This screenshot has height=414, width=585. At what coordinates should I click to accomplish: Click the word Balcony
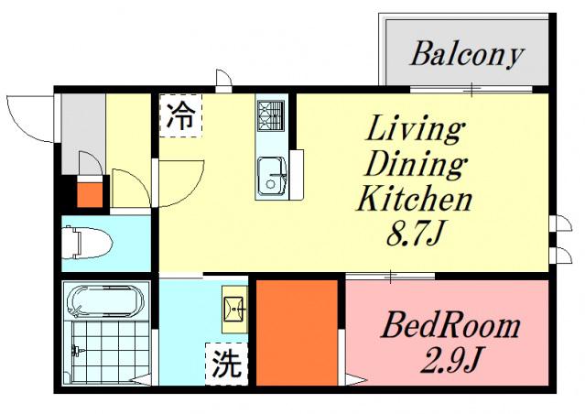pyautogui.click(x=466, y=56)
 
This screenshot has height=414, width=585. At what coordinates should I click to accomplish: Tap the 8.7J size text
pyautogui.click(x=416, y=234)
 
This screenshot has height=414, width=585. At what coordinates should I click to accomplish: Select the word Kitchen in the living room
pyautogui.click(x=415, y=199)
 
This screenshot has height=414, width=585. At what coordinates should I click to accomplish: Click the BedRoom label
pyautogui.click(x=450, y=325)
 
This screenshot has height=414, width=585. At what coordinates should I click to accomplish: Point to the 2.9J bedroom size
pyautogui.click(x=450, y=359)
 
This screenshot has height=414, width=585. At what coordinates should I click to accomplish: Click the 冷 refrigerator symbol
pyautogui.click(x=180, y=115)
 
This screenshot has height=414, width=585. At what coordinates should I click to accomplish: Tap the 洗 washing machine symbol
pyautogui.click(x=227, y=364)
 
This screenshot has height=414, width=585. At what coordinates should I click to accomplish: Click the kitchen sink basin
pyautogui.click(x=272, y=177)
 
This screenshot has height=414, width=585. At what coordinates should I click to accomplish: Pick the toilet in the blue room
pyautogui.click(x=88, y=243)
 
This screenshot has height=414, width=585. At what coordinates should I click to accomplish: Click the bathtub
pyautogui.click(x=105, y=301)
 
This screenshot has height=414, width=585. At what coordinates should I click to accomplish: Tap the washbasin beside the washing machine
pyautogui.click(x=234, y=310)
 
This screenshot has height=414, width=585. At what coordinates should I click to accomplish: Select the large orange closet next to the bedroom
pyautogui.click(x=297, y=333)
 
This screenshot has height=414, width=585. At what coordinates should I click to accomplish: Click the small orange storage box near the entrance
pyautogui.click(x=90, y=194)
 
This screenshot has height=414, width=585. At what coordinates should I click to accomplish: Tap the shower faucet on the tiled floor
pyautogui.click(x=78, y=350)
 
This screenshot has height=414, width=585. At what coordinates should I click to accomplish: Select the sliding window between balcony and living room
pyautogui.click(x=471, y=90)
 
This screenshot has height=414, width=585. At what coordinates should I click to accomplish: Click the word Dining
pyautogui.click(x=415, y=165)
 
